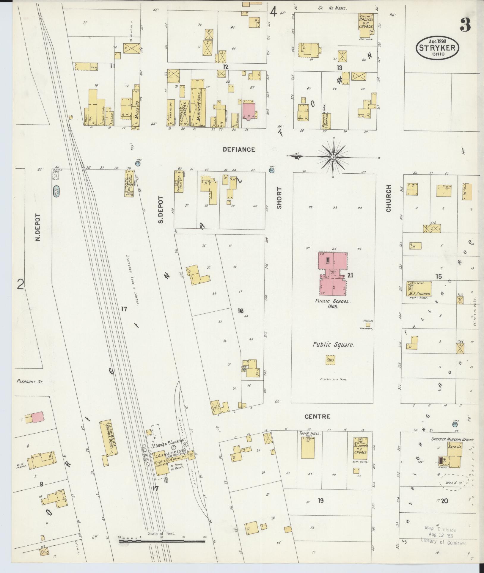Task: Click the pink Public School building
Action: coord(333,273)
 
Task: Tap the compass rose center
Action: coord(333,157)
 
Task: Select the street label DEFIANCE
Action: coord(239,150)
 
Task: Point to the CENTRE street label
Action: coord(318,416)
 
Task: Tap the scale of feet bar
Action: coord(162,541)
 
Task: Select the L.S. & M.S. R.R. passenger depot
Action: coord(109,442)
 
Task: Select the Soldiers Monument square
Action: coord(368,324)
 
